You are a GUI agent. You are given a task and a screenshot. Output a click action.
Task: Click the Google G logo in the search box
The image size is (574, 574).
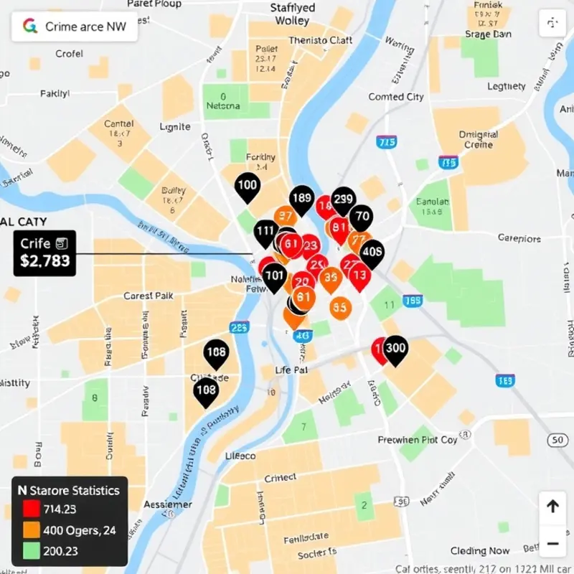point(30,27)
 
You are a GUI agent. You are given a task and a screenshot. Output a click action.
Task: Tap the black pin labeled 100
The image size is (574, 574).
point(247,186)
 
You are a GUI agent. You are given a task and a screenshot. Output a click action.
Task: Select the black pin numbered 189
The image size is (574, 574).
point(302,199)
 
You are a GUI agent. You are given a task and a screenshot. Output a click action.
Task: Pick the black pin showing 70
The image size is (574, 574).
point(362,216)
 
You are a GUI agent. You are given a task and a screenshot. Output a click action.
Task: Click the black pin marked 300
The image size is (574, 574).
point(395,349)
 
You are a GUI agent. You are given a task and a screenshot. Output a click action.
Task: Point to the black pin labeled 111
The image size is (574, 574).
point(266,231)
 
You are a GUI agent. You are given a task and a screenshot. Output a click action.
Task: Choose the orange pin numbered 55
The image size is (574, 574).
point(341,308)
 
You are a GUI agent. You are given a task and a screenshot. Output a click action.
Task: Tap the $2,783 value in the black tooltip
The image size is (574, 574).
point(44,261)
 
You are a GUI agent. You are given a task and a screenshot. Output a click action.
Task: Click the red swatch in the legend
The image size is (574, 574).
point(31,509)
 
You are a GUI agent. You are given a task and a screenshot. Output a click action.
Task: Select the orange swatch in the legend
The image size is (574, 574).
point(31,530)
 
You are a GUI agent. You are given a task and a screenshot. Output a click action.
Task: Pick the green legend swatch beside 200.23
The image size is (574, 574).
point(31,551)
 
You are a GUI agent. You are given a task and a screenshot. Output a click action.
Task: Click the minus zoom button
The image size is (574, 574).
point(552,542)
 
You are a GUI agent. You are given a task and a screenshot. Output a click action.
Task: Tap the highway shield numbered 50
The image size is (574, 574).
point(556,440)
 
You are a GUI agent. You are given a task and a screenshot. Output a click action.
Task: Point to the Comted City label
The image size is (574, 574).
point(396,97)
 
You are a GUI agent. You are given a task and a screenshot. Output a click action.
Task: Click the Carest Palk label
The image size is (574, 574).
point(148,296)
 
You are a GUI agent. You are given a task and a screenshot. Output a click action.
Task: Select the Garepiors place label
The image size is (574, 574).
point(519,238)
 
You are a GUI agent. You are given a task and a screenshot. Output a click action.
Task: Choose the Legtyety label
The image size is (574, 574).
point(507,87)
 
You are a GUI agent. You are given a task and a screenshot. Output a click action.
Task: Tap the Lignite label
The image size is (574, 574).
point(174,127)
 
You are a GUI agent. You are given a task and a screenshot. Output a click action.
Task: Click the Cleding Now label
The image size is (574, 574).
point(480,551)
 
